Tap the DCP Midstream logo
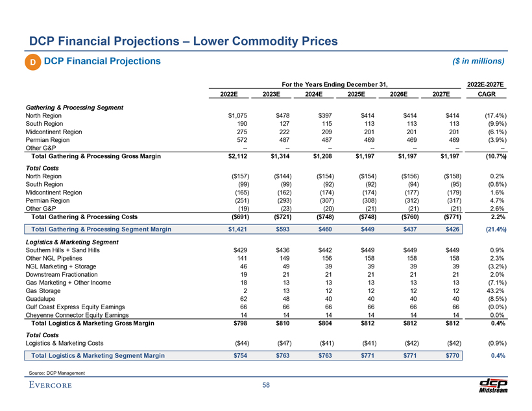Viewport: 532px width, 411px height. [x=494, y=384]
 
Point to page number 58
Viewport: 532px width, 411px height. [x=266, y=386]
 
